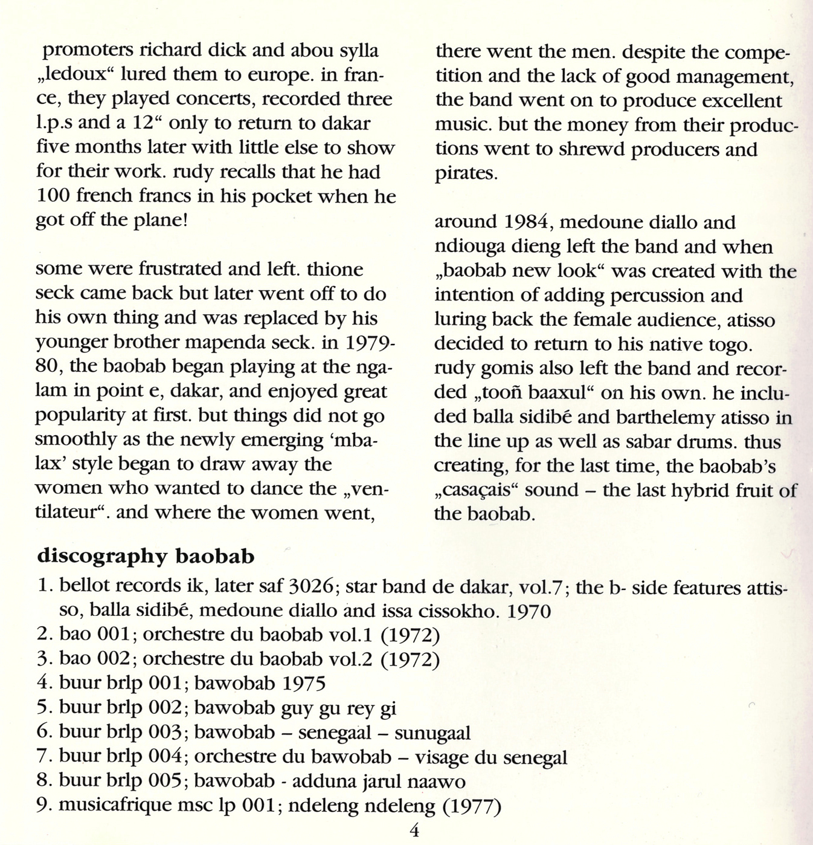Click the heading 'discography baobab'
point(146,556)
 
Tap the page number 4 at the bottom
point(414,830)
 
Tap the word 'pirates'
point(466,174)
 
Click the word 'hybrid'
point(702,490)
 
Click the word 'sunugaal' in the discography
point(432,733)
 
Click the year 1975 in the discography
point(304,684)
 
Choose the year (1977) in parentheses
point(472,806)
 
